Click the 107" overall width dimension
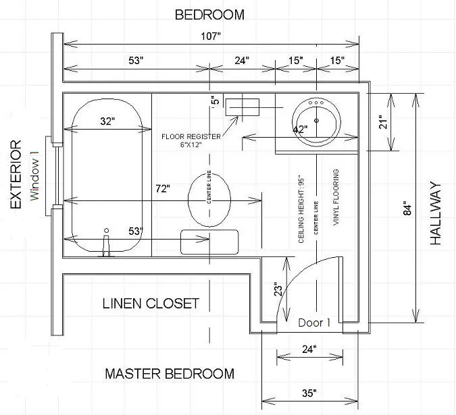(x=211, y=36)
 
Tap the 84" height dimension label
(x=408, y=209)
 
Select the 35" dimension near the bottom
(x=309, y=393)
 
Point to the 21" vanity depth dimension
(x=384, y=123)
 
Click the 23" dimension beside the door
(x=278, y=289)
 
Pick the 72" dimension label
(x=163, y=189)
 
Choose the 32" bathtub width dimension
(x=107, y=121)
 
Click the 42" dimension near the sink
(x=300, y=129)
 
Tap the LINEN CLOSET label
(x=151, y=304)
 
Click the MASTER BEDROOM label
(x=170, y=374)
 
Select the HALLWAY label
(x=435, y=213)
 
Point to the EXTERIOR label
(x=16, y=174)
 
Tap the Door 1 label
(x=314, y=323)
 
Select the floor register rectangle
(x=243, y=107)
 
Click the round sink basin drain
(x=316, y=121)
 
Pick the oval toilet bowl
(x=209, y=200)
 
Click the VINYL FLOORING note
(x=336, y=197)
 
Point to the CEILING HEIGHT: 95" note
(x=301, y=211)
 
